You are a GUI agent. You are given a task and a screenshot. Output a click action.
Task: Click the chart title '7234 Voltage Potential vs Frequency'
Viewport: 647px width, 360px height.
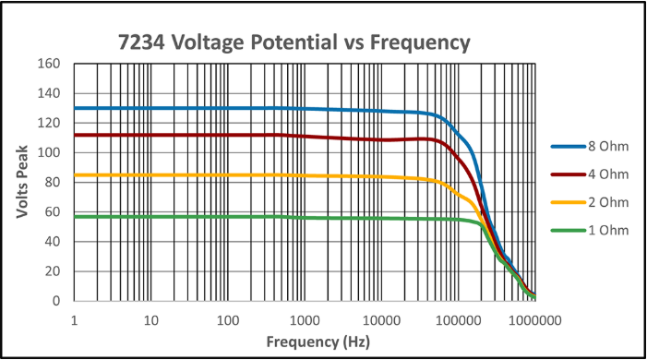pos(294,42)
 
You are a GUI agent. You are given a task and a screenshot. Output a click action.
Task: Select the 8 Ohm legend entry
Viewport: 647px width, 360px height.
pos(590,147)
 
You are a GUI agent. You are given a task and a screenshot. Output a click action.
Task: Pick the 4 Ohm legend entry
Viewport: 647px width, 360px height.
pos(590,174)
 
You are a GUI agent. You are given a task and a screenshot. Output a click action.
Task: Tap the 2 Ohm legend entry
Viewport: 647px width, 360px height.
pos(590,202)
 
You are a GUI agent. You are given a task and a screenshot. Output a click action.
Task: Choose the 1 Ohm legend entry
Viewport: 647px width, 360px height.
pos(590,231)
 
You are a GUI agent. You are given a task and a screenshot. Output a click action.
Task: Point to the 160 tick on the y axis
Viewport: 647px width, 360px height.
pos(49,64)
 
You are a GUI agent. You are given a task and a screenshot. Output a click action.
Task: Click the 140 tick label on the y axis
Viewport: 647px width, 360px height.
pos(49,93)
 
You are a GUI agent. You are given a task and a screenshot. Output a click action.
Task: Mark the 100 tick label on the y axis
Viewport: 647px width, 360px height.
pos(49,152)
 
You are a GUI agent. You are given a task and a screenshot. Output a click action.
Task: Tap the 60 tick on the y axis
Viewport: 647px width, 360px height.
pos(53,211)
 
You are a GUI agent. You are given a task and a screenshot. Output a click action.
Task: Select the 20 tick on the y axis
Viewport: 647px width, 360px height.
pos(53,271)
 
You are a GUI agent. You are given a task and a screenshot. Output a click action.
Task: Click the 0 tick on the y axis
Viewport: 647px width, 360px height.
pos(56,301)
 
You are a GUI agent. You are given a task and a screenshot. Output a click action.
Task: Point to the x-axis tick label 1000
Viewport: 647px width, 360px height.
pos(305,320)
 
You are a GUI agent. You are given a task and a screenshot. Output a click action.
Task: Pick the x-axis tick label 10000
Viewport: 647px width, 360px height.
pos(381,320)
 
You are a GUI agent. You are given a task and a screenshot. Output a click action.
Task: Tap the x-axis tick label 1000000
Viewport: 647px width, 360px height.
pos(535,320)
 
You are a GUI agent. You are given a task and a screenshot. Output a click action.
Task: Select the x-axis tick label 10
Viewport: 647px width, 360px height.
pos(151,320)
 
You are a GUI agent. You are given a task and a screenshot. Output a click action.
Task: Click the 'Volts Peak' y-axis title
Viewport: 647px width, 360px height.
pos(22,182)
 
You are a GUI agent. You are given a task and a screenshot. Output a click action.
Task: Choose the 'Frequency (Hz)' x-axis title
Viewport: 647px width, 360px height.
pos(318,342)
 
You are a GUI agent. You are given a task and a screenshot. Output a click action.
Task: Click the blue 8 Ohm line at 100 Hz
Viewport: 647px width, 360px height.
pos(228,108)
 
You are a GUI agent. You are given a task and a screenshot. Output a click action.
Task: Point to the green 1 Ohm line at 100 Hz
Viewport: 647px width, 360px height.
pos(228,217)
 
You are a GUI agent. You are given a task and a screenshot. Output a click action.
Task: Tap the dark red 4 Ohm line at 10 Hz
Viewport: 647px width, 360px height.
pos(151,135)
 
